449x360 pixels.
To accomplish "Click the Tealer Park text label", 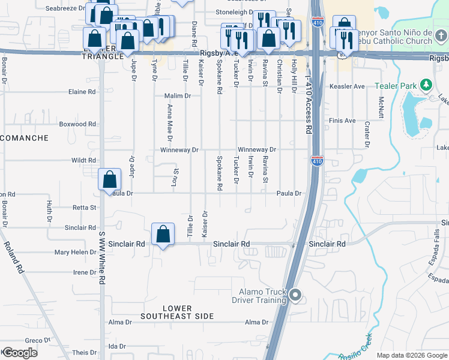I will [x=397, y=86].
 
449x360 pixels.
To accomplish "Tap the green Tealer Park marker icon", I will [x=426, y=85].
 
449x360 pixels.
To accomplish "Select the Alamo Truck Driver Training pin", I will [x=295, y=295].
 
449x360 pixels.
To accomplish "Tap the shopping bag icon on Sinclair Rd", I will [x=163, y=235].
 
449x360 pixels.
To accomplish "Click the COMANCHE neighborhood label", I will [x=24, y=138].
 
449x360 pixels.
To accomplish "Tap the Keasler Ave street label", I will [x=347, y=86].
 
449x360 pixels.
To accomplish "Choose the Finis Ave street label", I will [x=342, y=121].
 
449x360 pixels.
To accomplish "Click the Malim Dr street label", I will [x=178, y=96].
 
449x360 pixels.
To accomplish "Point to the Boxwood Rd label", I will [x=78, y=124].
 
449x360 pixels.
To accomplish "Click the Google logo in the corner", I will [x=19, y=353].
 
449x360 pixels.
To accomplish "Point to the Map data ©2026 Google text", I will [x=411, y=355].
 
